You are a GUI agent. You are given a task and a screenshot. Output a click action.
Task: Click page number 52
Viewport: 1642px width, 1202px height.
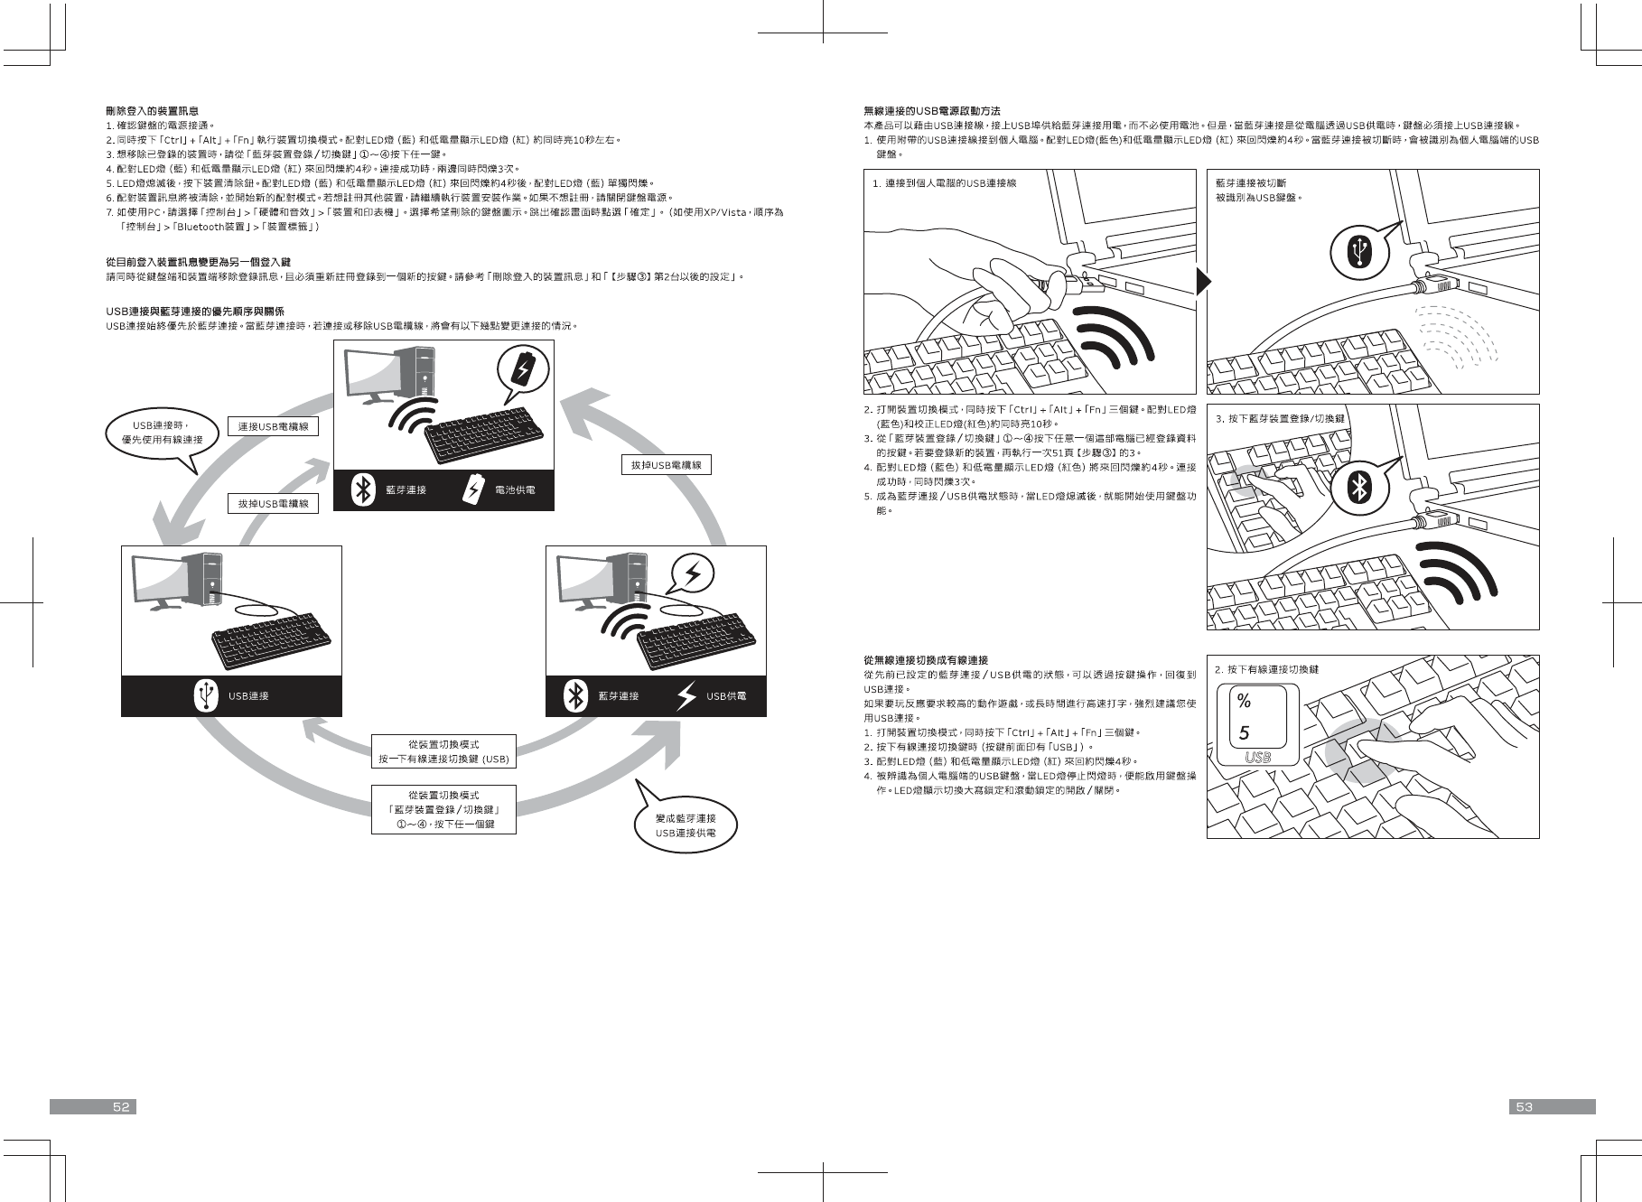coord(121,1106)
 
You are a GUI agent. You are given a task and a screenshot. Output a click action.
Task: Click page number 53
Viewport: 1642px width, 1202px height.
coord(1525,1106)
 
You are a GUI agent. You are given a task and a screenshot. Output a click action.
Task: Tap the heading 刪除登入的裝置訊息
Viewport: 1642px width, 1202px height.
coord(152,110)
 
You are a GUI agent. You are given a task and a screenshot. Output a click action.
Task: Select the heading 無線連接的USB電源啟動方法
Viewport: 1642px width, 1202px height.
coord(931,110)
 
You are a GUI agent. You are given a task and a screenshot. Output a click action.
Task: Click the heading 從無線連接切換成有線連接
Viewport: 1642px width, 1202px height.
coord(925,660)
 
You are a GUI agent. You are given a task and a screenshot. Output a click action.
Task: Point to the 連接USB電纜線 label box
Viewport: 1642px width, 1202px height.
coord(273,425)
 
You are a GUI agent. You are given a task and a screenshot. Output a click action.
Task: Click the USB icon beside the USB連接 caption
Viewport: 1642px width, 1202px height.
coord(206,695)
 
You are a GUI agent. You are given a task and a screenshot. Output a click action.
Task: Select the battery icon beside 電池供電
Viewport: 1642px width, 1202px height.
coord(474,489)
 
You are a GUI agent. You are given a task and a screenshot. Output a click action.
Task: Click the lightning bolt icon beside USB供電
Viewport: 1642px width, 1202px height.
coord(687,695)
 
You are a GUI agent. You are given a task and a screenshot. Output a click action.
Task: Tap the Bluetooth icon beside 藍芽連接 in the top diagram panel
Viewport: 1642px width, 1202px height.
coord(363,489)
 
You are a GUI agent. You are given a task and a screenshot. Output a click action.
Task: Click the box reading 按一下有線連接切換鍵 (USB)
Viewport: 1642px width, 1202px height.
coord(443,751)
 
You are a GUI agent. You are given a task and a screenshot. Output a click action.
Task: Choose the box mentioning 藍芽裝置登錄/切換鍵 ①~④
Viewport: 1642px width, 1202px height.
coord(443,809)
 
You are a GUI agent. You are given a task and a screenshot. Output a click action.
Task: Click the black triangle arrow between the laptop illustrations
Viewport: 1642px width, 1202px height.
coord(1202,282)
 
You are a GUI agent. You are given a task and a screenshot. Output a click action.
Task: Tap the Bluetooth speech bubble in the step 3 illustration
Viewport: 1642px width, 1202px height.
coord(1360,489)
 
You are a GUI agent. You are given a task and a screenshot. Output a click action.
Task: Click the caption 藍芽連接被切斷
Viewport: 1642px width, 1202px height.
coord(1250,182)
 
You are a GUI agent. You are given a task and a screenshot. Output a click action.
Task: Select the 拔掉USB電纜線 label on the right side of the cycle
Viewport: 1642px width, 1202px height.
coord(666,464)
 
